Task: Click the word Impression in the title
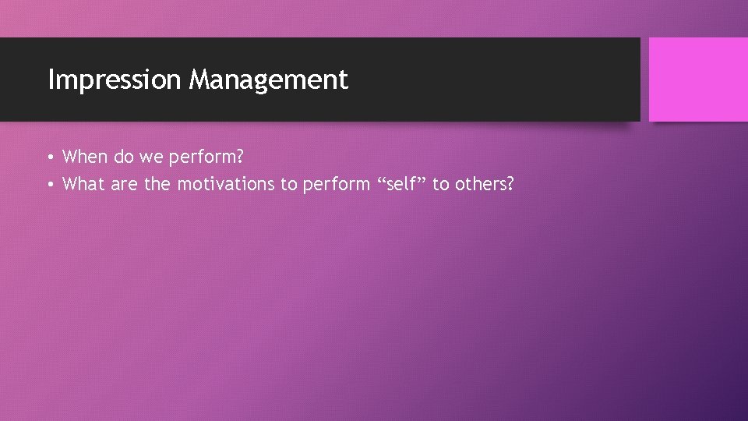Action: (114, 80)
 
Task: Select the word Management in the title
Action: (268, 80)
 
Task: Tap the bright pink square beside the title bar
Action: (697, 80)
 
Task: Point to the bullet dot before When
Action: (49, 157)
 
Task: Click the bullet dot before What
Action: (49, 185)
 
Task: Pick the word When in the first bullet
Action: (85, 157)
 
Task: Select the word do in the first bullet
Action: (124, 157)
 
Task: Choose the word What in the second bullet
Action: (83, 184)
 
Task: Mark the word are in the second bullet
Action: (123, 184)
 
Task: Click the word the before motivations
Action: (157, 184)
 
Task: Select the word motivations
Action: (226, 184)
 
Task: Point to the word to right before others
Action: (440, 184)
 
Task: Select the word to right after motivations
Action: (288, 184)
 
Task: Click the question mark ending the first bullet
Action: (238, 157)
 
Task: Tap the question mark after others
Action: (510, 184)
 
